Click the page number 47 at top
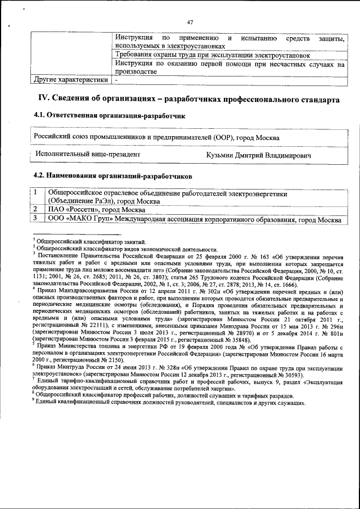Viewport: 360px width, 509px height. pos(190,22)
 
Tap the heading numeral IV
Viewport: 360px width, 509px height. pos(43,99)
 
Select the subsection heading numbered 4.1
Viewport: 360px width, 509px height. pos(110,116)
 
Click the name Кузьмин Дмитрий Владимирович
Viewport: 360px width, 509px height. pos(259,154)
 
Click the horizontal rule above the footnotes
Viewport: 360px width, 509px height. pos(76,235)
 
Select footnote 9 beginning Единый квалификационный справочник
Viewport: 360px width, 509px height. pos(169,403)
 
